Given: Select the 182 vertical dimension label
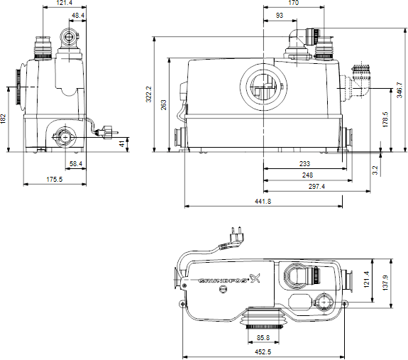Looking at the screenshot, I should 4,119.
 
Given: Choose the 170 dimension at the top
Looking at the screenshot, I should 293,4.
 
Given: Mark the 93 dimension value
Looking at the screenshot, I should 280,15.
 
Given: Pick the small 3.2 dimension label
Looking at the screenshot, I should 375,170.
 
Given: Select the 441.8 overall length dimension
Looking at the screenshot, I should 263,202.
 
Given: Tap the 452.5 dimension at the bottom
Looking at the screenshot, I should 263,351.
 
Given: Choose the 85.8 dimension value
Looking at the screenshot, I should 263,337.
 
